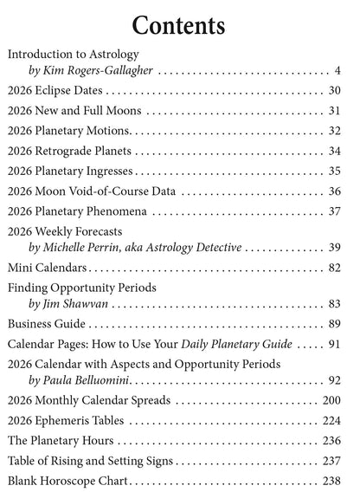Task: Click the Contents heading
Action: (x=179, y=24)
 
